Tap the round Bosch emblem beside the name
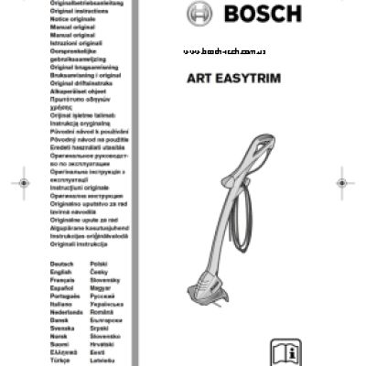[x=200, y=15]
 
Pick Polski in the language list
[x=100, y=264]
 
